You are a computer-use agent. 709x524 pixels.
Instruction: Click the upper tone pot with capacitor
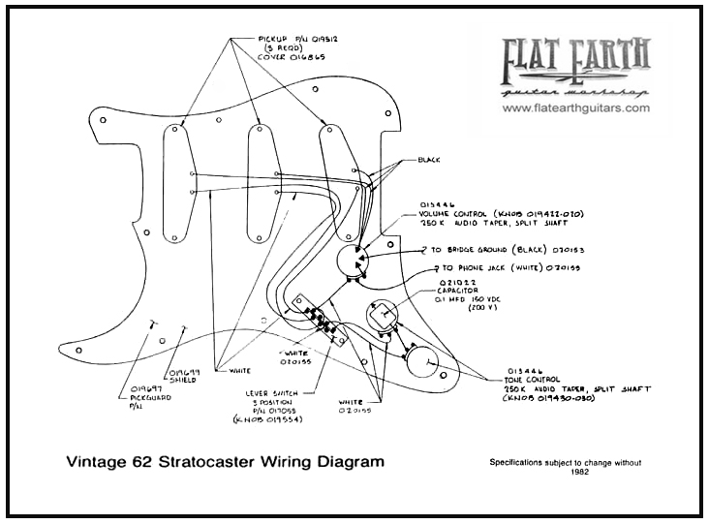[x=383, y=316]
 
